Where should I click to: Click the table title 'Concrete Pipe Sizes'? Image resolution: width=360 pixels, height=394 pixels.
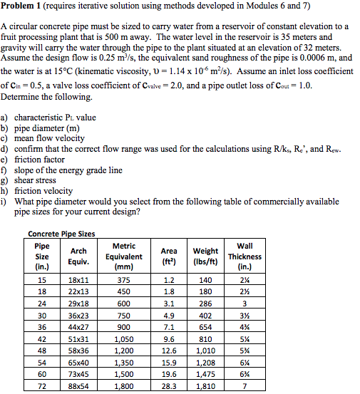point(61,234)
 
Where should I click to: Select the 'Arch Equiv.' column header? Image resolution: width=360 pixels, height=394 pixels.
point(78,256)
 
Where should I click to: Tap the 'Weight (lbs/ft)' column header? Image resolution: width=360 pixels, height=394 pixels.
point(206,256)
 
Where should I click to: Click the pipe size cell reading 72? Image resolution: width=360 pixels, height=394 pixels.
point(42,385)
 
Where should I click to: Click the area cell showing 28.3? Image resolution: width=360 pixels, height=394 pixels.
point(169,385)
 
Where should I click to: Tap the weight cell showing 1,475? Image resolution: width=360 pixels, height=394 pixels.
point(206,373)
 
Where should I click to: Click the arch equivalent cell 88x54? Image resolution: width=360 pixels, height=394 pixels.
point(78,385)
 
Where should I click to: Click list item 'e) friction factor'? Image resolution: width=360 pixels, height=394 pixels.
point(39,160)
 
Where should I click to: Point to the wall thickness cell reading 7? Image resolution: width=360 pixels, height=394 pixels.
point(245,385)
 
